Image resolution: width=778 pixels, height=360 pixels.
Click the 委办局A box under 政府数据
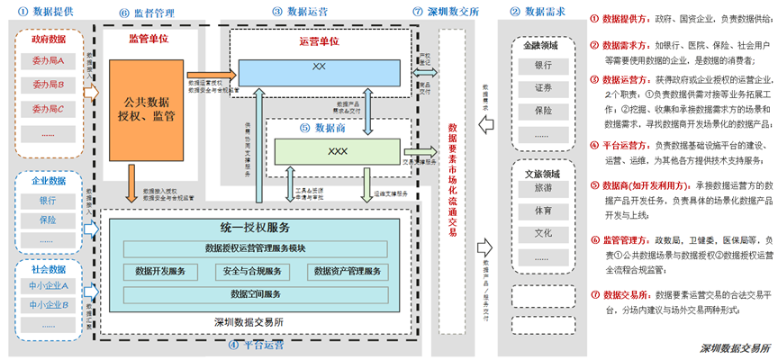48,62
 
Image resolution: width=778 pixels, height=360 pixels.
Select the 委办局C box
48,109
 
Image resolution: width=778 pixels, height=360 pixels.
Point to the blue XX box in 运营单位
318,68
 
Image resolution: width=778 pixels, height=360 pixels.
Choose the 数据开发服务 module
160,271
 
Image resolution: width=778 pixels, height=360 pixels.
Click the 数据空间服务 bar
256,293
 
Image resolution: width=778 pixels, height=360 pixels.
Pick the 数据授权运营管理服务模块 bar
256,248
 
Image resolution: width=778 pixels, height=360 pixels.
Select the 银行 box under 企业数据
48,200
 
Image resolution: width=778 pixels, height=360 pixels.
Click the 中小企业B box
48,304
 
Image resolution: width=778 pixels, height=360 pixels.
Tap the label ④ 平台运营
257,345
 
